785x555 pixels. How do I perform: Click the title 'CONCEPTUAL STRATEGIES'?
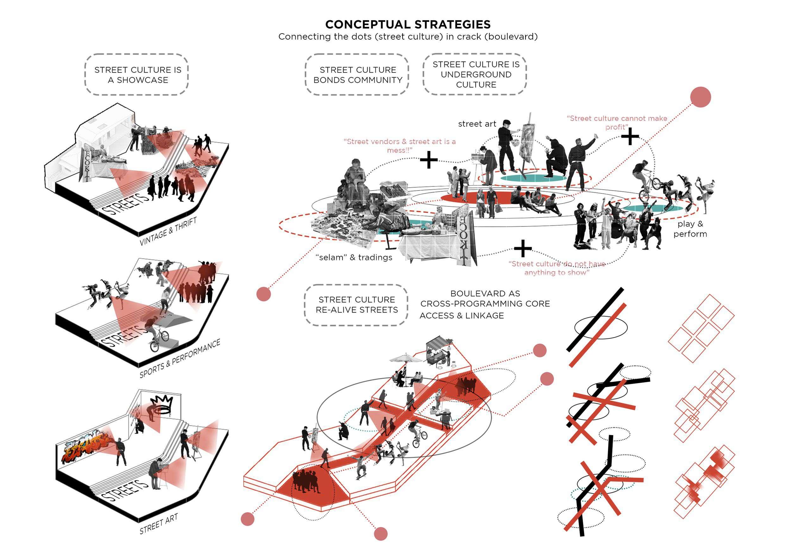408,24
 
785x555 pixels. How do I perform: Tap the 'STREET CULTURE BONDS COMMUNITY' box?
358,74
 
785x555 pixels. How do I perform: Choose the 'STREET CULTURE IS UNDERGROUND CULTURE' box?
475,74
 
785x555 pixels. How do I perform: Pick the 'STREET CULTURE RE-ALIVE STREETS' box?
357,305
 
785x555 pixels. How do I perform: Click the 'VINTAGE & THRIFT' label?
168,231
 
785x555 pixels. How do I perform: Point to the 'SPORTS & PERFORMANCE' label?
179,359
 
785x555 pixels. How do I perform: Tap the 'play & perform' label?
690,229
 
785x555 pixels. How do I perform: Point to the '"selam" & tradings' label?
354,257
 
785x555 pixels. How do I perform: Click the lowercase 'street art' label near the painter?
477,124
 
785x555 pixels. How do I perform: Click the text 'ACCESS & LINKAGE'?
462,315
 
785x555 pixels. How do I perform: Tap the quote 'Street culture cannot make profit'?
617,123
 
